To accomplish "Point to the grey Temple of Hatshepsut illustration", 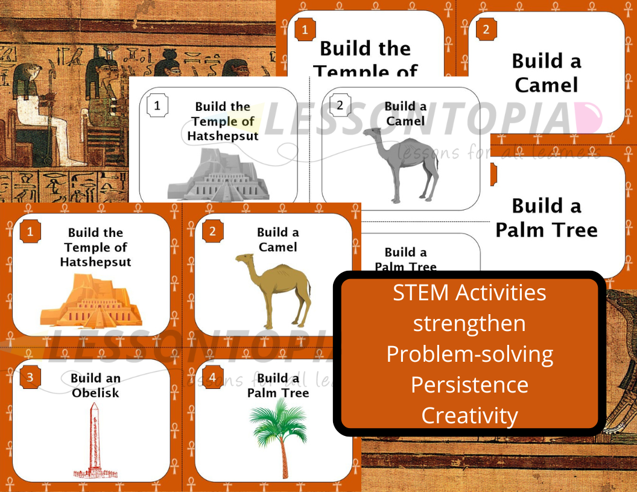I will pyautogui.click(x=221, y=176).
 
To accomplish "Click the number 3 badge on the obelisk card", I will pyautogui.click(x=30, y=378).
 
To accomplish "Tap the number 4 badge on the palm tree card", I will pyautogui.click(x=212, y=378).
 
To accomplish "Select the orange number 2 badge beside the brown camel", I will pyautogui.click(x=212, y=231).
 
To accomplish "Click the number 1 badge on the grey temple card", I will pyautogui.click(x=157, y=106).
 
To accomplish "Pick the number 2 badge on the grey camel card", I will pyautogui.click(x=340, y=106).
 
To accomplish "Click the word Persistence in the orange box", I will pyautogui.click(x=469, y=385).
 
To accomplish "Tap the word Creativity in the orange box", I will pyautogui.click(x=469, y=415).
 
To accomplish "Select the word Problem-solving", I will pyautogui.click(x=469, y=354).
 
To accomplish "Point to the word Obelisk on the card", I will pyautogui.click(x=95, y=393).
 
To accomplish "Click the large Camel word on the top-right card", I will pyautogui.click(x=546, y=85).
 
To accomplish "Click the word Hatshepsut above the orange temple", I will pyautogui.click(x=95, y=262).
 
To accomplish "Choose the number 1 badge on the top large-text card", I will pyautogui.click(x=305, y=29).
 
